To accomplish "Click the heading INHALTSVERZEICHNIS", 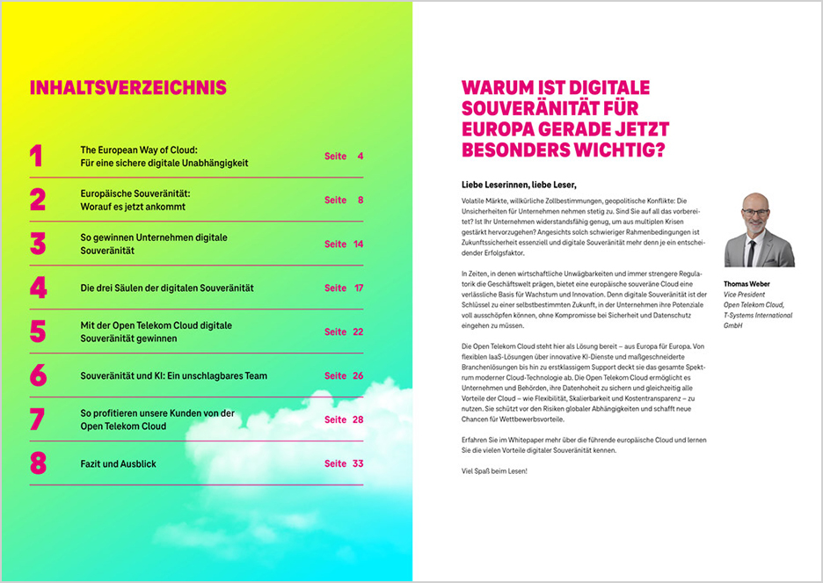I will [127, 88].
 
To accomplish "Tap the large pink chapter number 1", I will [36, 157].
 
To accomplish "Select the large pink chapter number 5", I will [37, 332].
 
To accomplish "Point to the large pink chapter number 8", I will [37, 463].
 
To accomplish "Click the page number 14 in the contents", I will [358, 244].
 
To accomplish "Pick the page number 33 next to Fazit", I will [356, 463].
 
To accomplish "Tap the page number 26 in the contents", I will [357, 375].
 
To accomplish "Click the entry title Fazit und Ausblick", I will [118, 463].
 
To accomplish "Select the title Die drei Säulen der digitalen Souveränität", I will [166, 288].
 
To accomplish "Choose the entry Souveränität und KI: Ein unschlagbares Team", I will [173, 375].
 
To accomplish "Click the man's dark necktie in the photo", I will [751, 251].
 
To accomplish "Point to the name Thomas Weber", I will [747, 284].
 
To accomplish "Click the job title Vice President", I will [744, 295].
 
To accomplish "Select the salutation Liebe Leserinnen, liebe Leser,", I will [519, 186].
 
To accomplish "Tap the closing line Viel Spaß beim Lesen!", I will [494, 471].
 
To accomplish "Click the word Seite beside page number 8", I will [335, 200].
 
